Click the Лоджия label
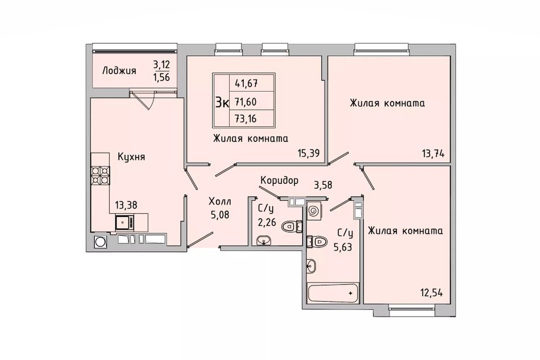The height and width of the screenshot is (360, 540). (x=119, y=71)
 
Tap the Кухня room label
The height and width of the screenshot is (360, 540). (x=131, y=157)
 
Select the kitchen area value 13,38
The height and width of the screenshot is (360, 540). (x=126, y=205)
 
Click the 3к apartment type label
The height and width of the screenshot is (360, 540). (x=222, y=102)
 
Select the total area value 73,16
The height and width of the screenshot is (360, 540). (x=246, y=119)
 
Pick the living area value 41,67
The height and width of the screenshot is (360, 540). (x=246, y=83)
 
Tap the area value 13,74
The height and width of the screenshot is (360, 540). (x=433, y=154)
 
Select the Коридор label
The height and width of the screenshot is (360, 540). (x=279, y=181)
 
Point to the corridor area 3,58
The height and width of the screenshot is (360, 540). (x=323, y=185)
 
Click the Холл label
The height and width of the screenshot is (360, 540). (x=220, y=201)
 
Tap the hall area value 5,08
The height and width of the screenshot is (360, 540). (x=220, y=215)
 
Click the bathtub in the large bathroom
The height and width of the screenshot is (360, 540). (x=333, y=293)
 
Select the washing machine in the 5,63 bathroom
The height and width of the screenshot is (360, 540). (x=314, y=210)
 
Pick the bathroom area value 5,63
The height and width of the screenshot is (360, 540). (x=343, y=247)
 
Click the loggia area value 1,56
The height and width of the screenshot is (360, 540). (x=161, y=77)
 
